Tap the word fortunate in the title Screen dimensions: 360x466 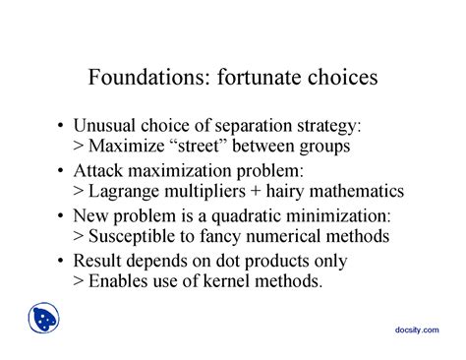point(258,76)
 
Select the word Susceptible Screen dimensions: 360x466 point(133,236)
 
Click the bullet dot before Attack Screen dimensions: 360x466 point(65,171)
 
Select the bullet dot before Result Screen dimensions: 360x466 point(65,261)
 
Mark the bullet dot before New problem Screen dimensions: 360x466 point(65,215)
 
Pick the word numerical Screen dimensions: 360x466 point(301,236)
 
